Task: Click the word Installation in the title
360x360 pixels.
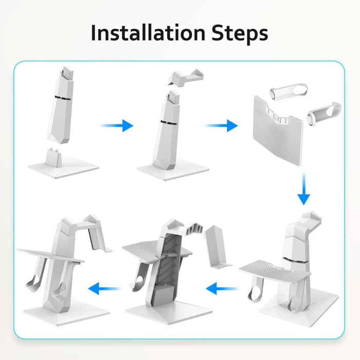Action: (146, 33)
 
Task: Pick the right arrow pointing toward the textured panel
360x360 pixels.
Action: (222, 125)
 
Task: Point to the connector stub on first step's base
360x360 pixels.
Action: (54, 155)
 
